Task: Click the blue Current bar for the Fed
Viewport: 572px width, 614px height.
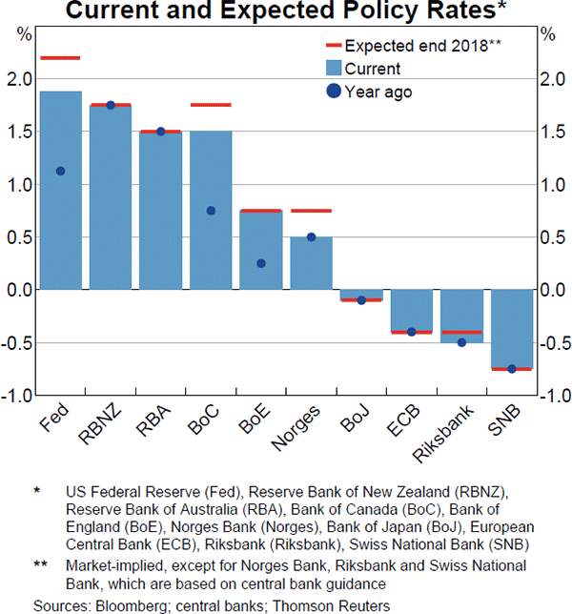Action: tap(60, 191)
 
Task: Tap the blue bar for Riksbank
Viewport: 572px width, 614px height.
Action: tap(461, 316)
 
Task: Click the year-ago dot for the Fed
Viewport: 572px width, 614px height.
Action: tap(60, 171)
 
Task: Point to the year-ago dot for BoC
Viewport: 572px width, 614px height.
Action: tap(211, 211)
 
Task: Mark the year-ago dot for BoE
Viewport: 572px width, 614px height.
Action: tap(261, 263)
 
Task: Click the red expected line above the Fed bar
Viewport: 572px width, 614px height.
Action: tap(60, 58)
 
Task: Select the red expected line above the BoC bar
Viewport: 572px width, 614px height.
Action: tap(211, 105)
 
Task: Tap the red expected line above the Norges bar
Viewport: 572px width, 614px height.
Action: tap(311, 211)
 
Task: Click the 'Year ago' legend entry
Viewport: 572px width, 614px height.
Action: tap(377, 92)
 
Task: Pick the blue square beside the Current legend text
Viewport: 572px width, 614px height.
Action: tap(333, 69)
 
